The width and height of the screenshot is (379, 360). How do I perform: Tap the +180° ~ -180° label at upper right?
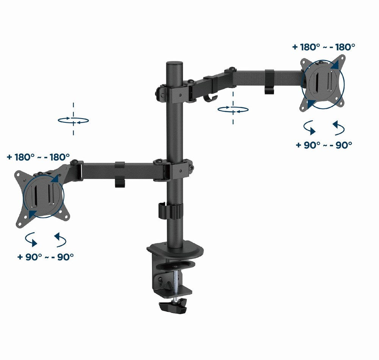(x=324, y=47)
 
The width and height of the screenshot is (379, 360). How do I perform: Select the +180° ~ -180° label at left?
(x=38, y=157)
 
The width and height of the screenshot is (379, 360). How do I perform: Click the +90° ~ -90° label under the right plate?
(x=324, y=145)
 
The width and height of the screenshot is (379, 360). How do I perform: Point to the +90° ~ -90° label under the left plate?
(x=45, y=257)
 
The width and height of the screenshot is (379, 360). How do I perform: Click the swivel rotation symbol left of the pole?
(x=73, y=120)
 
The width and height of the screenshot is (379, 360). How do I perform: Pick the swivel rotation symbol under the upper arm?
(x=233, y=109)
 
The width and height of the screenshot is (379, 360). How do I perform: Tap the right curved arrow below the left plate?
(x=61, y=239)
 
